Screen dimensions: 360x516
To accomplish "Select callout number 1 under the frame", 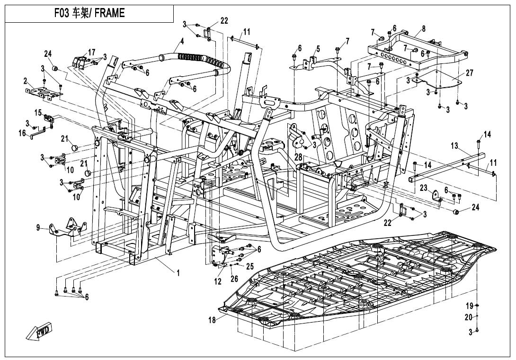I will pos(178,273).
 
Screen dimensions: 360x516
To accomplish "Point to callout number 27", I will pos(469,73).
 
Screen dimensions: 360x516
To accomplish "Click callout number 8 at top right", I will pos(423,29).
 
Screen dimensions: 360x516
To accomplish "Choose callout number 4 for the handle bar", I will pos(181,41).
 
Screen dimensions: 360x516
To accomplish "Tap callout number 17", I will pos(91,52).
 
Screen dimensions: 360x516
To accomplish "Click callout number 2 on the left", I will pos(25,81).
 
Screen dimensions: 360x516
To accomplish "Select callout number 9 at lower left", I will pos(39,228).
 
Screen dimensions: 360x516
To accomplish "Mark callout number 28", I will pos(298,157).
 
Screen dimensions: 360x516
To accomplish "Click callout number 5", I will pos(318,48).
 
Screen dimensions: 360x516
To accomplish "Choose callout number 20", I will pos(470,317).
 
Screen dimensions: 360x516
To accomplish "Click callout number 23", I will pos(424,188).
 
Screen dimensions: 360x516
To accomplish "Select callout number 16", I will pos(22,134).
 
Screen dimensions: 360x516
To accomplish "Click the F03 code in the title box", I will pos(62,13).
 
